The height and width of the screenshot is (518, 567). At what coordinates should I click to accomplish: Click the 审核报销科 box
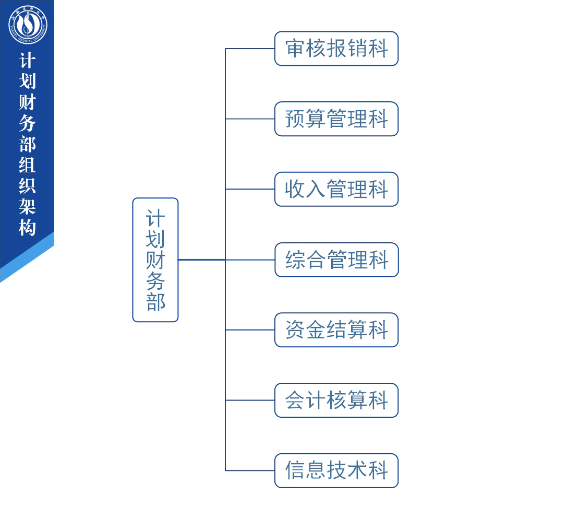click(x=336, y=49)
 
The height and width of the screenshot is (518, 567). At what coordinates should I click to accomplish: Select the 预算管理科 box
click(x=336, y=119)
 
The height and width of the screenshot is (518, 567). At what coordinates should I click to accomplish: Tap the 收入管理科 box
click(x=336, y=189)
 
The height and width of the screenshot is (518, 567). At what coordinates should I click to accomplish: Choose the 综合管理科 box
click(x=336, y=260)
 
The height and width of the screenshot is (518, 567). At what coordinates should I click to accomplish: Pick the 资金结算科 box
click(x=336, y=330)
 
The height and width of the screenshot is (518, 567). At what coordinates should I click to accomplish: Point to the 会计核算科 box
click(x=336, y=400)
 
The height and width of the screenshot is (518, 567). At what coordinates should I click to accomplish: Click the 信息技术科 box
click(x=336, y=470)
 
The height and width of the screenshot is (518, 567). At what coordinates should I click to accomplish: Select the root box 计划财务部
click(x=155, y=260)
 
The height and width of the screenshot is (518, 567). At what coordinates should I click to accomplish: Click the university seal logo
click(x=28, y=25)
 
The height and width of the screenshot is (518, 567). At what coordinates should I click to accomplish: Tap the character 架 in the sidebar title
click(x=28, y=207)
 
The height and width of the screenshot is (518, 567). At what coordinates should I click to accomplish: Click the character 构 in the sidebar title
click(x=28, y=228)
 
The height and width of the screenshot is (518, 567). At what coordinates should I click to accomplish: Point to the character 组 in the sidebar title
click(x=28, y=164)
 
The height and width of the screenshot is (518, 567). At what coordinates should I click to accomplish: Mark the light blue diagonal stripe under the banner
click(x=27, y=257)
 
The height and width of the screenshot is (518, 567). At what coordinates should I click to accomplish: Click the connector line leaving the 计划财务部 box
click(x=202, y=260)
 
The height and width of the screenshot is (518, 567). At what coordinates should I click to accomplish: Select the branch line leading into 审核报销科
click(x=250, y=49)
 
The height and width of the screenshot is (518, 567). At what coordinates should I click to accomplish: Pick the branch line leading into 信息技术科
click(x=250, y=470)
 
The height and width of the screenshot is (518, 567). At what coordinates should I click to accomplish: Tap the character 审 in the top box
click(x=295, y=49)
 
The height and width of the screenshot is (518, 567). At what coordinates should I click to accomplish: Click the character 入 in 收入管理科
click(x=316, y=189)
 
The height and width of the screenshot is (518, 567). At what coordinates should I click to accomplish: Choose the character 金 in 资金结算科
click(x=316, y=330)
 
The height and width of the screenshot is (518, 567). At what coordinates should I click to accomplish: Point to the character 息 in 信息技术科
click(x=316, y=470)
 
